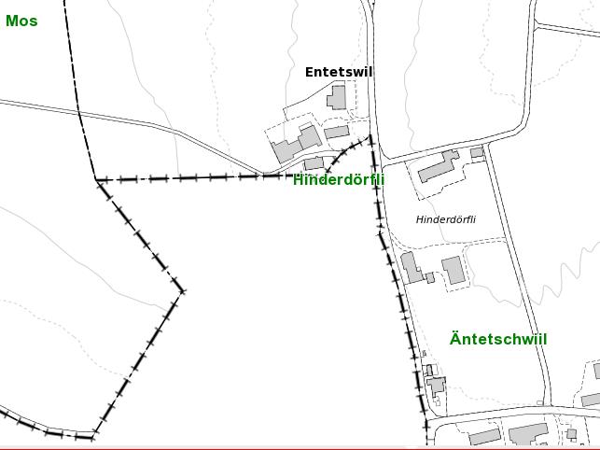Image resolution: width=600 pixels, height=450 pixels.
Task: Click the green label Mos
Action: [21, 21]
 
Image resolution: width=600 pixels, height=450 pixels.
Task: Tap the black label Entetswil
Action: [338, 72]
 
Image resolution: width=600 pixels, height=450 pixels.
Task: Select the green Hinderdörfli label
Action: [339, 179]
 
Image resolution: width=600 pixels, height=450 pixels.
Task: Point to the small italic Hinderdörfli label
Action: [446, 219]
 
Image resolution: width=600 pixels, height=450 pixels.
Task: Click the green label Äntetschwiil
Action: [498, 339]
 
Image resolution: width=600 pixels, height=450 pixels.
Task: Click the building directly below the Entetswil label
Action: [337, 96]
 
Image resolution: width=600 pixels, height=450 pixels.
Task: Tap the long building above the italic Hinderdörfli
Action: [438, 166]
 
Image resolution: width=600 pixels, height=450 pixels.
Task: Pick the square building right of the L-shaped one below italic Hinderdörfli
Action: [453, 270]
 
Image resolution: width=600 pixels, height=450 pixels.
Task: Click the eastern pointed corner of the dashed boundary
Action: [182, 291]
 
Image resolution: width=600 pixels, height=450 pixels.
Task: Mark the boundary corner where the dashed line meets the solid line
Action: [96, 179]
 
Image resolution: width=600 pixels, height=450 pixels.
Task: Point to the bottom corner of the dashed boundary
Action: [93, 436]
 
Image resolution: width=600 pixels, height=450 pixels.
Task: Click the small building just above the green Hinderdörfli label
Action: [314, 163]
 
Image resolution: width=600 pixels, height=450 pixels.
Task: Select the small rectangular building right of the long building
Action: [477, 152]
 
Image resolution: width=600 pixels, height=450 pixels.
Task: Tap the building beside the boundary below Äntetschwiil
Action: [435, 385]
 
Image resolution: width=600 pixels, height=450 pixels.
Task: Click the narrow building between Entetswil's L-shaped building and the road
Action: [337, 133]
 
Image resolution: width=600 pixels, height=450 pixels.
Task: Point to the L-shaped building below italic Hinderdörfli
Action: [412, 267]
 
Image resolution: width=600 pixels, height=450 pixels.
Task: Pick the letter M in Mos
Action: [12, 21]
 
